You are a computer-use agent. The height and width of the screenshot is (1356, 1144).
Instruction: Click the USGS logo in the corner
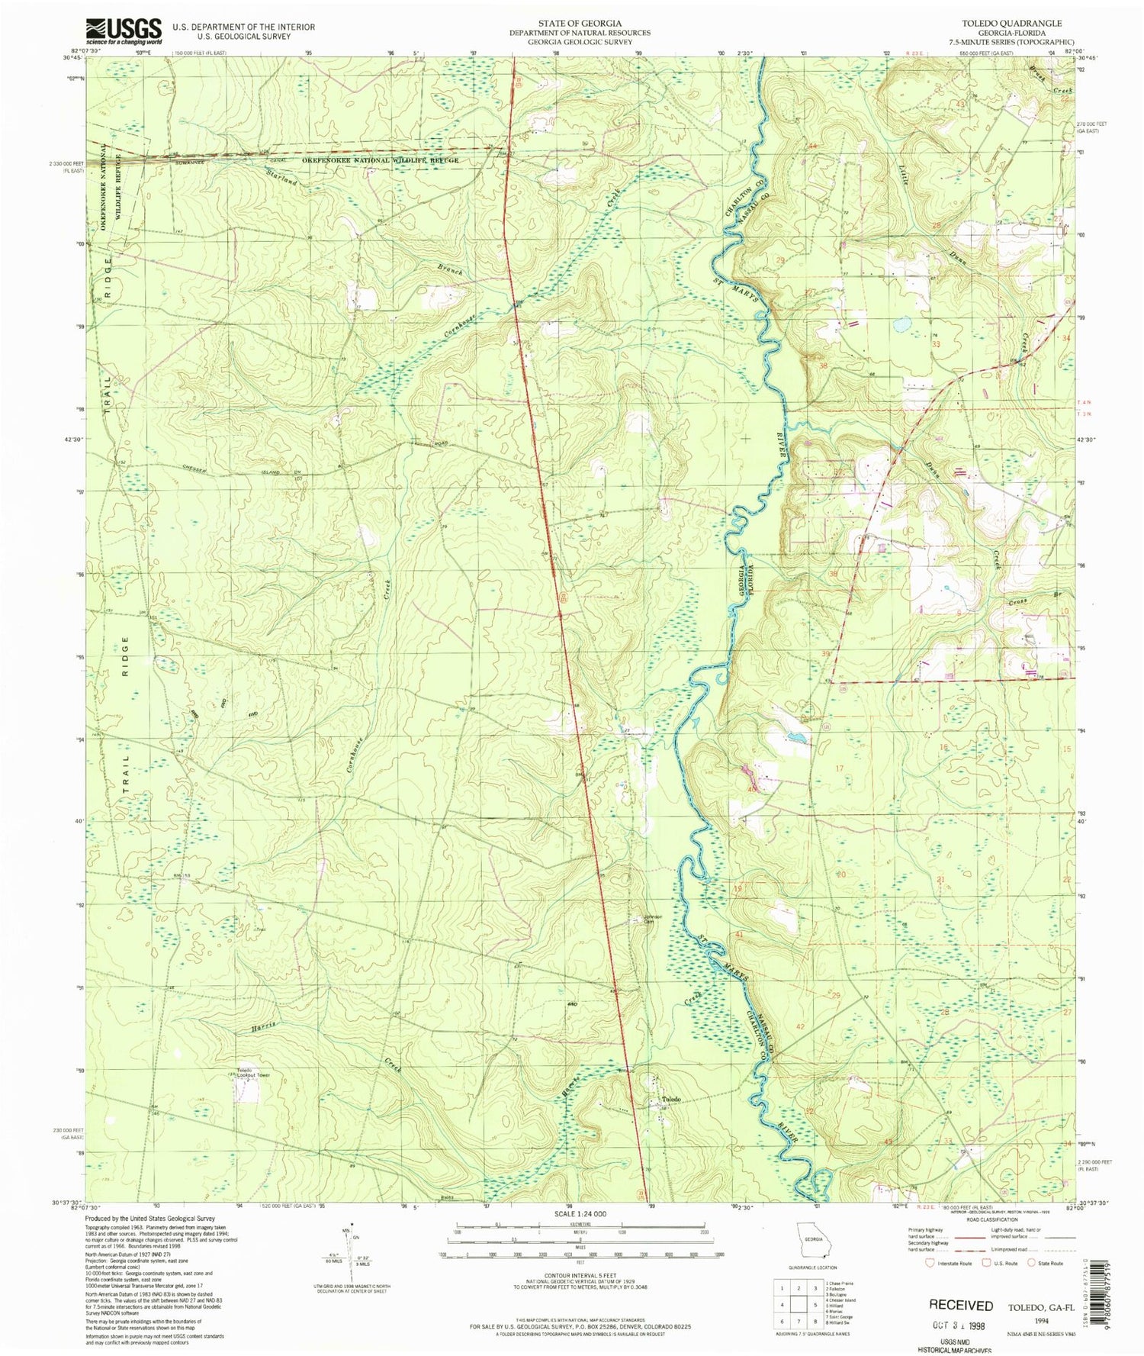[124, 31]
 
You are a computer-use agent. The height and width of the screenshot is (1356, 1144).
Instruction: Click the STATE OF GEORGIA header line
[580, 24]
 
